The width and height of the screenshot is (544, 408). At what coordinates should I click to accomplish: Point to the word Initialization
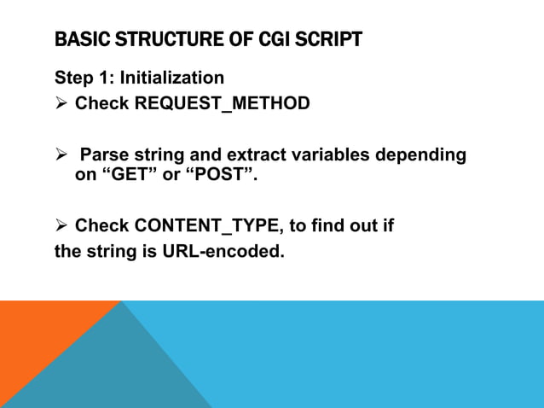click(x=171, y=78)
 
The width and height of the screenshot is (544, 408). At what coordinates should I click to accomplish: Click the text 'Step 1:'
click(x=84, y=78)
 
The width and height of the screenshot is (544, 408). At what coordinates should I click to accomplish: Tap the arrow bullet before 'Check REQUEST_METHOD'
click(x=61, y=104)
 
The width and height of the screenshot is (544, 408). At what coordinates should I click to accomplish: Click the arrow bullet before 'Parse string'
click(x=61, y=155)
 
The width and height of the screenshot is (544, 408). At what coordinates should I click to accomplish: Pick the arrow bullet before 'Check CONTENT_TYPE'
click(x=61, y=226)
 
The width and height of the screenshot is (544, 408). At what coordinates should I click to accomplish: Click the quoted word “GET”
click(x=130, y=175)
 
